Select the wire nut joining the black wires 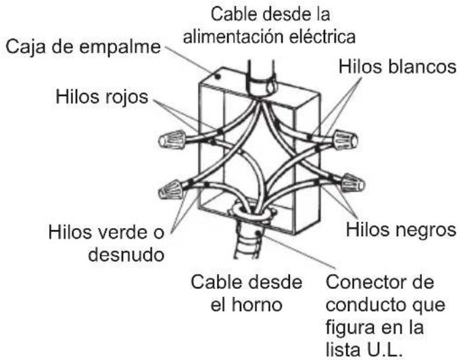point(352,183)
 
